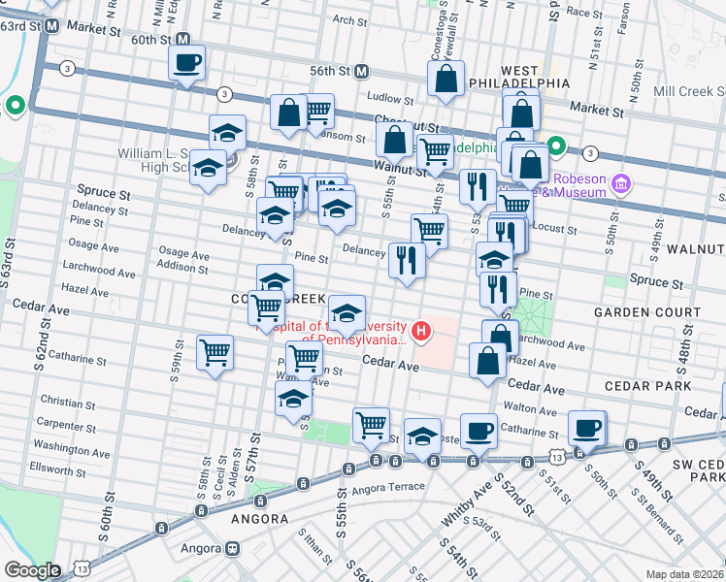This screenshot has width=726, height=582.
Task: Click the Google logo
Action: [32, 570]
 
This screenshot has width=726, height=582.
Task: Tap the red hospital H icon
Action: [421, 332]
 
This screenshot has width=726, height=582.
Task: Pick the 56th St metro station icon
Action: [361, 71]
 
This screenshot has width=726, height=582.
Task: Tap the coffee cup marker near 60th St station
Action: [186, 64]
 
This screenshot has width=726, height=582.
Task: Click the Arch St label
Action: [346, 19]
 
